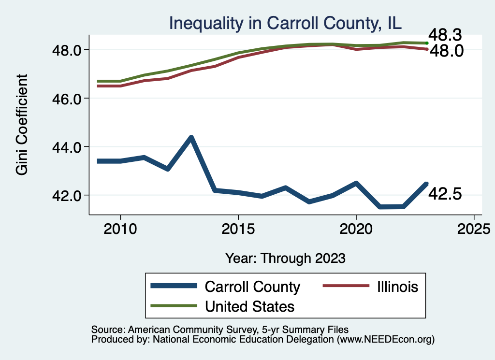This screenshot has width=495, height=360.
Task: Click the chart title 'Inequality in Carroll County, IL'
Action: pos(285,23)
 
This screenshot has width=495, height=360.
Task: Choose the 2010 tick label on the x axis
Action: pos(120,229)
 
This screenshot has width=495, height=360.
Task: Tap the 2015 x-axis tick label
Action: pos(238,229)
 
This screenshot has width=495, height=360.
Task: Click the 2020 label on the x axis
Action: pos(356,229)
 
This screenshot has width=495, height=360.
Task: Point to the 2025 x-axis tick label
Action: pos(474,229)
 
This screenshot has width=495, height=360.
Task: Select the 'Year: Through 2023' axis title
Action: pos(285,258)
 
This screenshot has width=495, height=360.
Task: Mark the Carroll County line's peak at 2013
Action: pos(191,138)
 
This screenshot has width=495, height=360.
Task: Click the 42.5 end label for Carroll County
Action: pos(445,194)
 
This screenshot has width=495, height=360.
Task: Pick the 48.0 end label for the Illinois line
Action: pos(447,51)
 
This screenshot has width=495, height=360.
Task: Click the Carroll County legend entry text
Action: pos(252,287)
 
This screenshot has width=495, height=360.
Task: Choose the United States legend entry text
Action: pos(249,306)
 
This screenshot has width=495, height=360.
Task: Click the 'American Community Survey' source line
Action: pos(219,330)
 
